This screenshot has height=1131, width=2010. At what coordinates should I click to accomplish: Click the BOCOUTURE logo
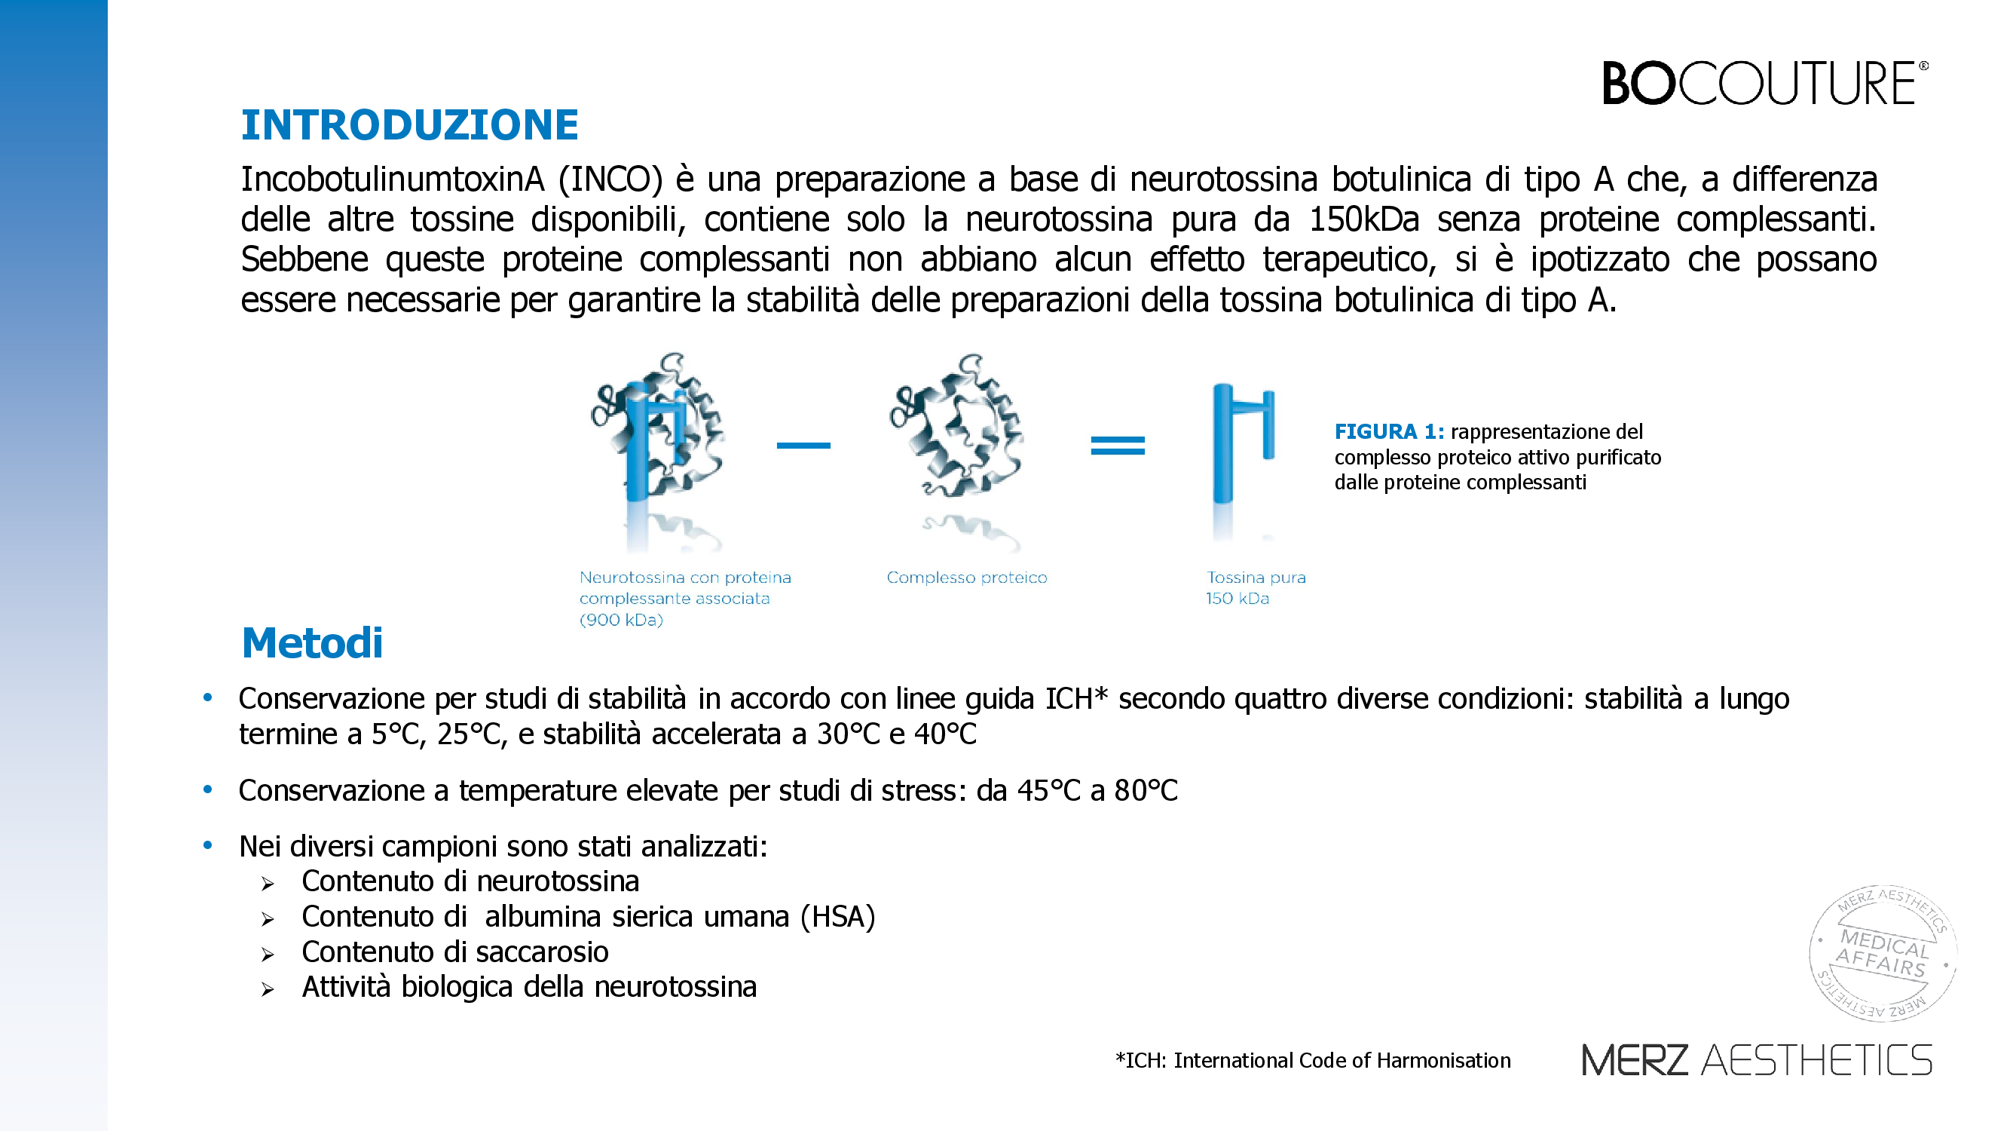[1764, 83]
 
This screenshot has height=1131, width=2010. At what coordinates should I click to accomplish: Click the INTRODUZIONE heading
[410, 125]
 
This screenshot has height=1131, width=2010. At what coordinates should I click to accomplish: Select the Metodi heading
[312, 643]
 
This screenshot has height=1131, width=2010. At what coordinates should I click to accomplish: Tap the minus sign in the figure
[803, 446]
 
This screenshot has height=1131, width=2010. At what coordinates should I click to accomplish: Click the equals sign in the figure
[1118, 446]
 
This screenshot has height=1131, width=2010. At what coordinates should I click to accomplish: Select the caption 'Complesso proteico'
[967, 578]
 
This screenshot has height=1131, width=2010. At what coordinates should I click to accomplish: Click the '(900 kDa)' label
[621, 620]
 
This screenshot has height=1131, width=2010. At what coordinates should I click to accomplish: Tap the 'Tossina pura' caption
[1256, 578]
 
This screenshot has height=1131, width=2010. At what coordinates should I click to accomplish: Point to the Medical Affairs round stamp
[1882, 953]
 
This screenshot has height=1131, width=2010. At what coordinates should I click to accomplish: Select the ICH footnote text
[1312, 1060]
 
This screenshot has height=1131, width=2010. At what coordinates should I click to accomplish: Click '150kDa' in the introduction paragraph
[1363, 219]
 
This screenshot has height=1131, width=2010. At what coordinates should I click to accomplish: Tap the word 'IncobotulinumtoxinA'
[392, 179]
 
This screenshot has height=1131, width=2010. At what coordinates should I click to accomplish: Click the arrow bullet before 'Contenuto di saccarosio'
[268, 955]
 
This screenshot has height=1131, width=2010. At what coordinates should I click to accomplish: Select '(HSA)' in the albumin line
[837, 917]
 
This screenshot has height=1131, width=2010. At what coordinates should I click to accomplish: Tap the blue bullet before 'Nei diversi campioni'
[207, 845]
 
